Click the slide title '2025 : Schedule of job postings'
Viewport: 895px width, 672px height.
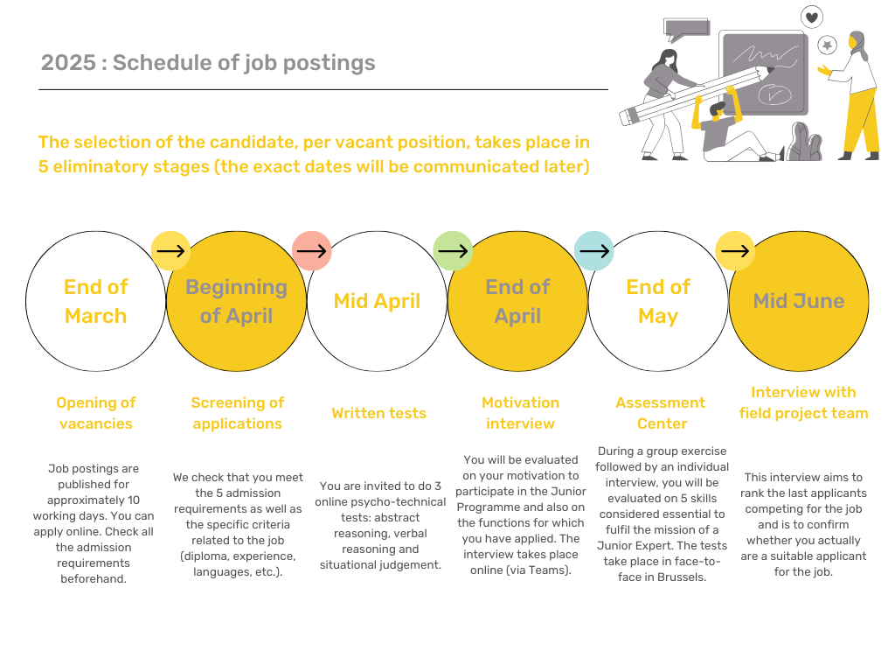pyautogui.click(x=208, y=63)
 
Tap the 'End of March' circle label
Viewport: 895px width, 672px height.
pyautogui.click(x=95, y=301)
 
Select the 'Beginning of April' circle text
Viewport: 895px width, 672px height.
pyautogui.click(x=236, y=301)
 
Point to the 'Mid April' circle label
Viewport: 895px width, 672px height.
pyautogui.click(x=377, y=301)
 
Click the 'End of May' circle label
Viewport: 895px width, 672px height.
pyautogui.click(x=658, y=301)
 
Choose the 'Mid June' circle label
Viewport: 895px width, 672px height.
pyautogui.click(x=799, y=301)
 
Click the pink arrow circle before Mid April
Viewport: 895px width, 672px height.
pyautogui.click(x=311, y=251)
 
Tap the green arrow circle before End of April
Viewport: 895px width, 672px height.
pyautogui.click(x=453, y=251)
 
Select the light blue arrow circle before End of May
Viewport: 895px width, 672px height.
pyautogui.click(x=593, y=251)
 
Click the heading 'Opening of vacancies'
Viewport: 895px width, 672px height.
pyautogui.click(x=96, y=413)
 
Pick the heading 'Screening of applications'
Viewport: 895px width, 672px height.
pyautogui.click(x=238, y=413)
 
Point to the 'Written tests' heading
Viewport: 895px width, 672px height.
pyautogui.click(x=378, y=413)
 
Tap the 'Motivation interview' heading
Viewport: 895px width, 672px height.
pyautogui.click(x=520, y=413)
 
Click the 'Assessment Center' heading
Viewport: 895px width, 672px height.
pyautogui.click(x=661, y=413)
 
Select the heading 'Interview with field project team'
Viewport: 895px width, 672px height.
pyautogui.click(x=803, y=402)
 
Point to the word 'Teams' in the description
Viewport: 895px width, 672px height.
pyautogui.click(x=552, y=570)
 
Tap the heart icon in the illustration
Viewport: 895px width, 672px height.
pyautogui.click(x=812, y=17)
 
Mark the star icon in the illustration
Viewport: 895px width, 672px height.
pyautogui.click(x=828, y=44)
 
